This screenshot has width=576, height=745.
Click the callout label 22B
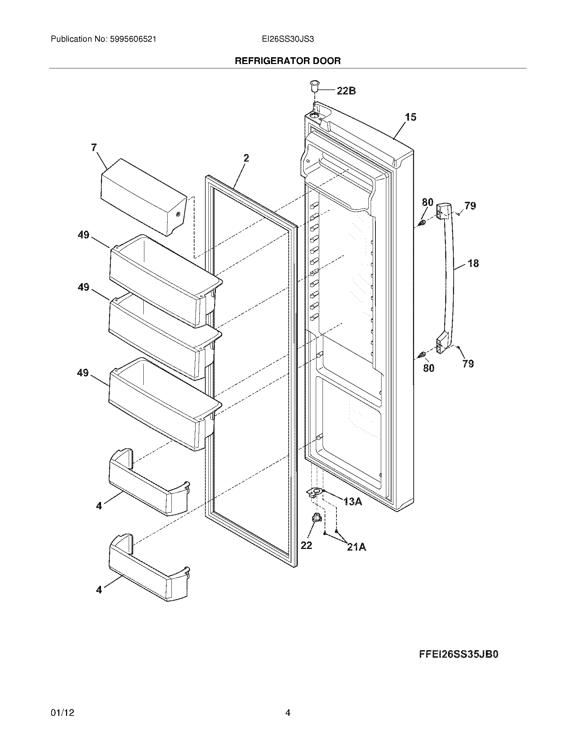(346, 91)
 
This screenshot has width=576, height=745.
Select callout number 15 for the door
(411, 118)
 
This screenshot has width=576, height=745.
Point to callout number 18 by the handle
(473, 263)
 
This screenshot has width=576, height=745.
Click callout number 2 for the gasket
(246, 158)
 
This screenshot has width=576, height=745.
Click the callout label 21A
(356, 547)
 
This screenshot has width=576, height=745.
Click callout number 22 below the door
(306, 546)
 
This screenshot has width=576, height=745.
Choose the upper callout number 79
(470, 206)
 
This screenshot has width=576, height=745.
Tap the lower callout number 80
(429, 368)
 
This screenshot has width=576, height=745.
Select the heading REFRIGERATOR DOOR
(288, 61)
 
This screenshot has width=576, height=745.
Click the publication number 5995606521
(133, 39)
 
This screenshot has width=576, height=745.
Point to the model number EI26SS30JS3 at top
(288, 39)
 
